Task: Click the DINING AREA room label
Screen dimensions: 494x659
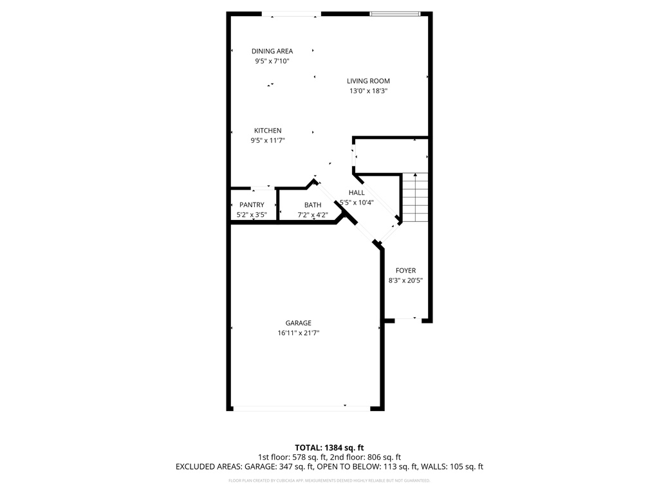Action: (x=272, y=51)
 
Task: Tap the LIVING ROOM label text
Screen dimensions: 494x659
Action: (x=368, y=81)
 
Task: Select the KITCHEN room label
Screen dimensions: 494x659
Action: (x=267, y=131)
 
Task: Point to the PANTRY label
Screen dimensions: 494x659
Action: (x=252, y=205)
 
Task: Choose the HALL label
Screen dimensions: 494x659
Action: (x=357, y=193)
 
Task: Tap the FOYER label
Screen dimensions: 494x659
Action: (x=405, y=271)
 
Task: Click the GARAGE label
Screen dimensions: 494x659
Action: (x=299, y=323)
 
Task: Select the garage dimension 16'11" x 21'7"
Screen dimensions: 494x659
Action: (x=299, y=333)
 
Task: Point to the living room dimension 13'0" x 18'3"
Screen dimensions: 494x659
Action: (x=368, y=91)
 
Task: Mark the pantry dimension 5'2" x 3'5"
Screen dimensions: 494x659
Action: (x=252, y=215)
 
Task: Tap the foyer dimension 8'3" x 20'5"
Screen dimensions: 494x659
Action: (x=405, y=280)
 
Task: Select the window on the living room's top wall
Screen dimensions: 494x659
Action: (x=395, y=14)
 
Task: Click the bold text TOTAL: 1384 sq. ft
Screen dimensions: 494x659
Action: (x=329, y=447)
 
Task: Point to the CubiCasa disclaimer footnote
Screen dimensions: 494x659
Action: (x=329, y=480)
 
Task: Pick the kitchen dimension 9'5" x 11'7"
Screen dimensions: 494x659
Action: (x=267, y=140)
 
